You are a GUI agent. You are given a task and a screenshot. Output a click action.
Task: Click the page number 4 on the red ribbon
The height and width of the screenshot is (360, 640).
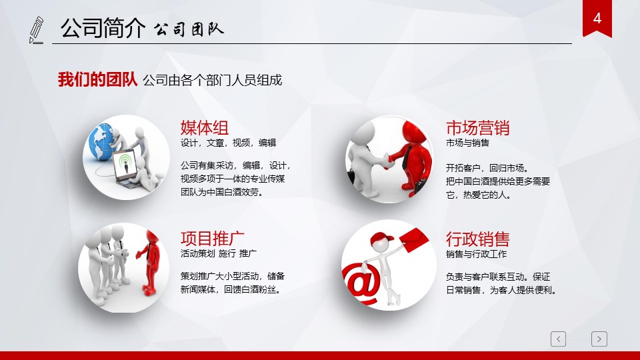coord(597,19)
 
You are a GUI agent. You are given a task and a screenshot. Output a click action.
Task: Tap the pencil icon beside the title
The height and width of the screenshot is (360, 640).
coord(36,30)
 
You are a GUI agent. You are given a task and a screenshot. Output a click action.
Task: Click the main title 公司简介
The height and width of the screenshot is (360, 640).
coord(103,28)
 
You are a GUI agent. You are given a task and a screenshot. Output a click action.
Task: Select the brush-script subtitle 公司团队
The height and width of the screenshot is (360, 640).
coord(189,29)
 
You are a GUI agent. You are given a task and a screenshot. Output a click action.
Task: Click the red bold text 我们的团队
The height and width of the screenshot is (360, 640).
coord(97,79)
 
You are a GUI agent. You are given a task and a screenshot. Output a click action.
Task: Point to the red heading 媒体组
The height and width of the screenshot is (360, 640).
coord(205,128)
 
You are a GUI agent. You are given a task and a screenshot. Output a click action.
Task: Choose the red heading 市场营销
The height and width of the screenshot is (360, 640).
coord(477,128)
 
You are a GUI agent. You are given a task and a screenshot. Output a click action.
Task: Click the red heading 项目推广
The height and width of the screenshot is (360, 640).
coord(212,239)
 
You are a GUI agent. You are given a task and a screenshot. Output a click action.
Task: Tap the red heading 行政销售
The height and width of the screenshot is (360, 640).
coord(477,239)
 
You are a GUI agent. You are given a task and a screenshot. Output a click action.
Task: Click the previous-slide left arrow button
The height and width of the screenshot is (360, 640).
coord(558,339)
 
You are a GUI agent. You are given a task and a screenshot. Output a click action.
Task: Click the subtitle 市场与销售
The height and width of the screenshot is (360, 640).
coord(467,143)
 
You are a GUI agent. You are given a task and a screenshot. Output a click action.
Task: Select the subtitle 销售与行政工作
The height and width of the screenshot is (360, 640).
coord(476,254)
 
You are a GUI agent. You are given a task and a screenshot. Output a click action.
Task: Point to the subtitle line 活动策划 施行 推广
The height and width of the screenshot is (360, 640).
coord(219,253)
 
